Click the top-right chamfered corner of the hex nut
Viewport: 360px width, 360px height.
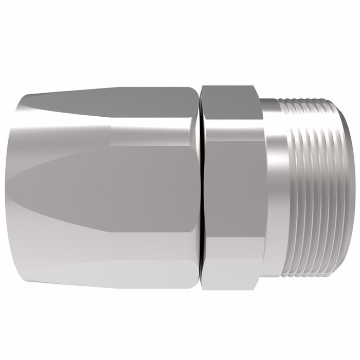coord(257,95)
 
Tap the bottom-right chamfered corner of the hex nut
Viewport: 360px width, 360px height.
coord(257,280)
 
